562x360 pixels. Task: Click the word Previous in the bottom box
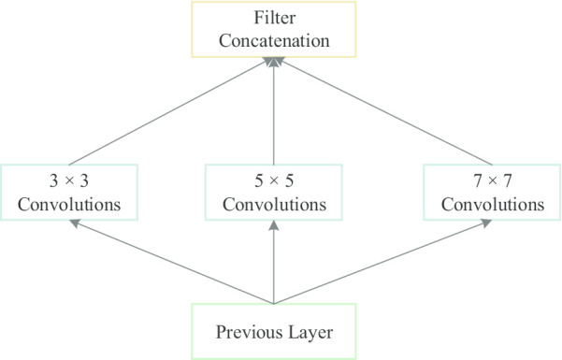245,332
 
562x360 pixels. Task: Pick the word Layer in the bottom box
307,332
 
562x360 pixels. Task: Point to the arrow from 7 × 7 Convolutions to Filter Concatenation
379,110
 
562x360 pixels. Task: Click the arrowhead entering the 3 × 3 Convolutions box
74,223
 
